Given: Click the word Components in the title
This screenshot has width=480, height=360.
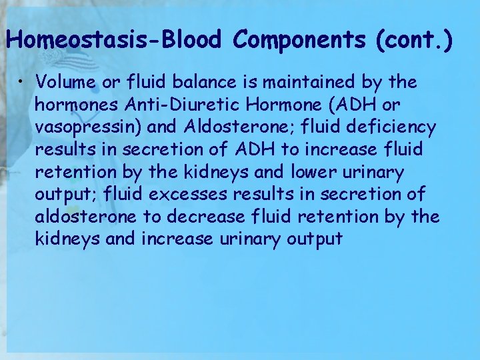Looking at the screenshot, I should coord(299,41).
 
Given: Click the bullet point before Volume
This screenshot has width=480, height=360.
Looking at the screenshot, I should coord(23,82).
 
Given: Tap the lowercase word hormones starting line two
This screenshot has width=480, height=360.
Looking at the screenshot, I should coord(70,105).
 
